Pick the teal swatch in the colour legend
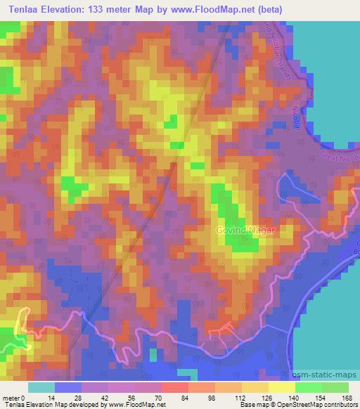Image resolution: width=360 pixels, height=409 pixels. pos(41,387)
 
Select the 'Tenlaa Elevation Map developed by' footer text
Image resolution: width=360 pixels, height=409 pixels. pos(55,405)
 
